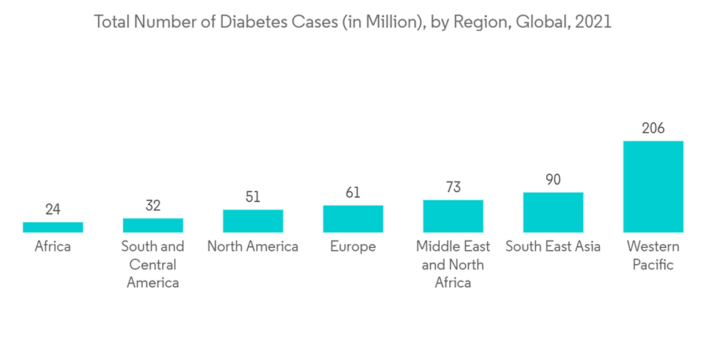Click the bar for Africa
[x=53, y=227]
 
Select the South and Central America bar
[x=153, y=225]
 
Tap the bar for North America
[x=253, y=221]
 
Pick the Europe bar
[x=353, y=219]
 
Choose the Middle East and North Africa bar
[x=453, y=216]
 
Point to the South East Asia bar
[x=553, y=212]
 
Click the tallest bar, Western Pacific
[x=653, y=186]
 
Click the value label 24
[x=53, y=209]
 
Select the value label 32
[x=153, y=206]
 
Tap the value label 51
[x=253, y=197]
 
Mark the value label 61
[x=353, y=193]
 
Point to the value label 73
[x=453, y=187]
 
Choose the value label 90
[x=553, y=180]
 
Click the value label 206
[x=653, y=129]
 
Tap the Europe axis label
[x=353, y=247]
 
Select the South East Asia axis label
[x=553, y=247]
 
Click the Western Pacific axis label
[x=653, y=256]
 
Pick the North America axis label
[x=253, y=247]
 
